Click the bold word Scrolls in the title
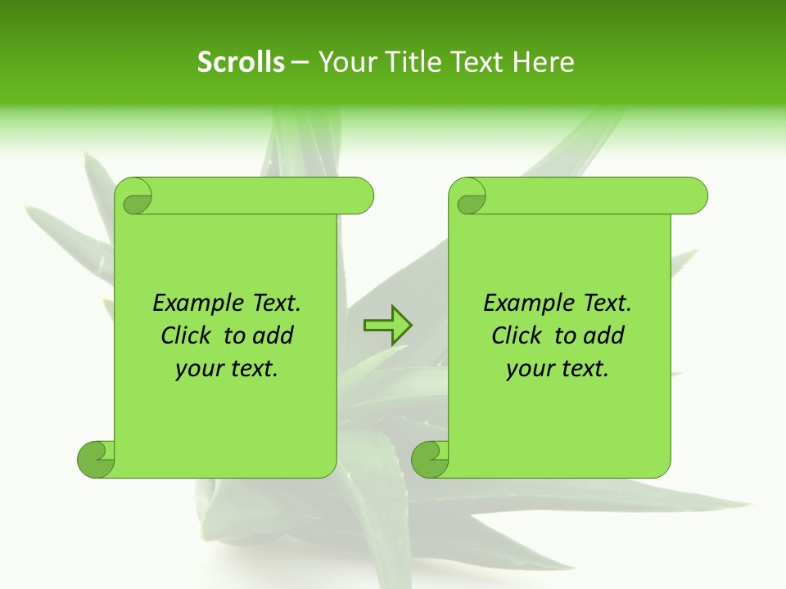[241, 62]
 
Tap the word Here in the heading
[543, 62]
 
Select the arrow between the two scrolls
[387, 326]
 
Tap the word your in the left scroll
[198, 369]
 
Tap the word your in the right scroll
[529, 369]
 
